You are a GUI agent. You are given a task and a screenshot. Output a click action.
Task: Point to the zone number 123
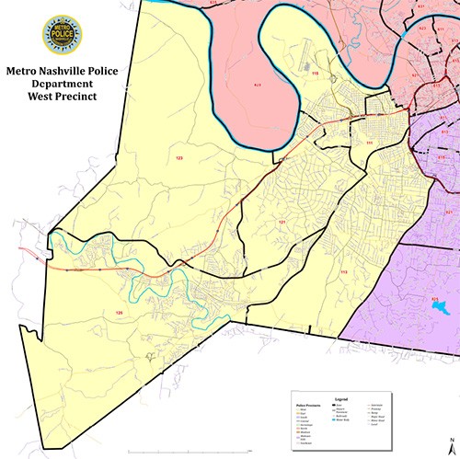click(x=180, y=159)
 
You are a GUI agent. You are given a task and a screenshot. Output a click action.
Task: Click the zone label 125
click(x=118, y=314)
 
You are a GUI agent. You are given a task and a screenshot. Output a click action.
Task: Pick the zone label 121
click(x=283, y=224)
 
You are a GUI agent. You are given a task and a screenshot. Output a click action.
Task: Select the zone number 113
click(x=344, y=273)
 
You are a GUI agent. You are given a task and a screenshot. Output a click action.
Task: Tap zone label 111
click(x=369, y=143)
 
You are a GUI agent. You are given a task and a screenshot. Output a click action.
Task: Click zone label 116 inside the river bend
click(x=315, y=73)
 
